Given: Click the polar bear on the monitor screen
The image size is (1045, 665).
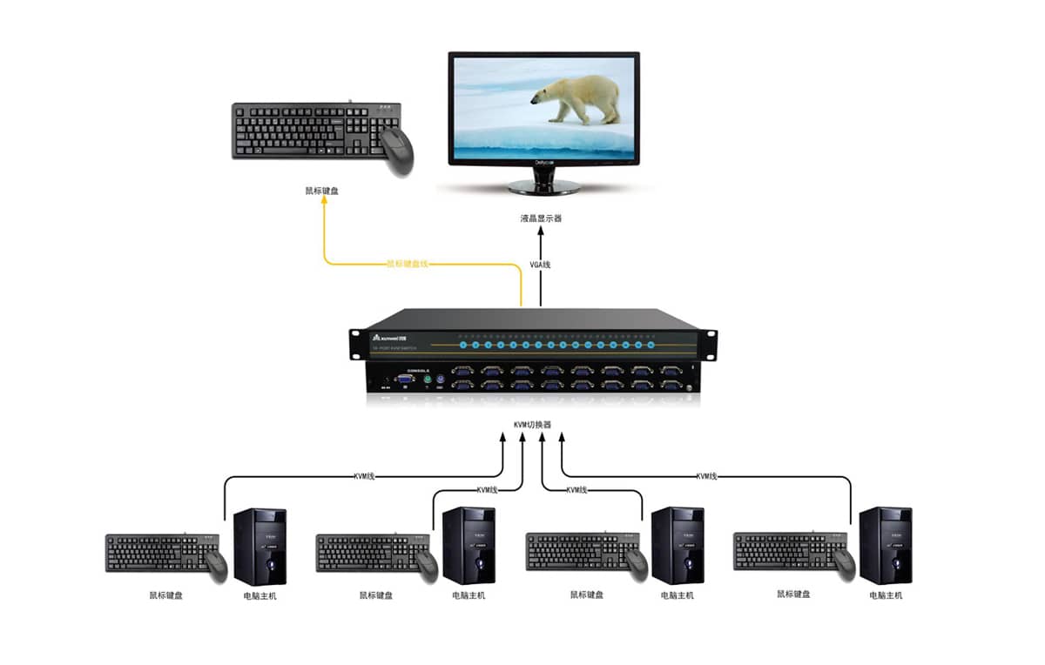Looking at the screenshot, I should (578, 97).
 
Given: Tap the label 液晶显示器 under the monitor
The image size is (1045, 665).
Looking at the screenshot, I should (541, 218).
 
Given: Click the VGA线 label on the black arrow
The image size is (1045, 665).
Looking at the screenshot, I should (541, 264).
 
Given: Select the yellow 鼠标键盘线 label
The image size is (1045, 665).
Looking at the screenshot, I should (408, 263).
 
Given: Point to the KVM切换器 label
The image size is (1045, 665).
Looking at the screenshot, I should (532, 425).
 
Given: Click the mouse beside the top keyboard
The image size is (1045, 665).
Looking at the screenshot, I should (397, 150).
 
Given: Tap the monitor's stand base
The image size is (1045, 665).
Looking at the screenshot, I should (543, 186).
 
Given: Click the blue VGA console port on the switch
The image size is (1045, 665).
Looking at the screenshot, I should (406, 379).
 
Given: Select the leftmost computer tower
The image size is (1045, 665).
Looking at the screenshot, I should (260, 546).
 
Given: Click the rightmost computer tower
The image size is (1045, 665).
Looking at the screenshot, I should (885, 546).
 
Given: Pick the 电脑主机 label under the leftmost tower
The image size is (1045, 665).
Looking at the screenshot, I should (260, 595).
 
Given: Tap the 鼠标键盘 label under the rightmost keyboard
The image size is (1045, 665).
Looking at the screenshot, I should (793, 594).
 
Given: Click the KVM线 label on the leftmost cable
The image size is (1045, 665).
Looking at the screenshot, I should (364, 476).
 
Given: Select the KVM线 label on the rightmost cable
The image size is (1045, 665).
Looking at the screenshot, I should (706, 476).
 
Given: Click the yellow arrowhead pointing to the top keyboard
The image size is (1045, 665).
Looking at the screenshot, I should (325, 199).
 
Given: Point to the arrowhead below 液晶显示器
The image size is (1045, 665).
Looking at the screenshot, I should (541, 232).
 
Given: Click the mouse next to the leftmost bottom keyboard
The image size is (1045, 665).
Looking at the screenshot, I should (217, 566).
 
